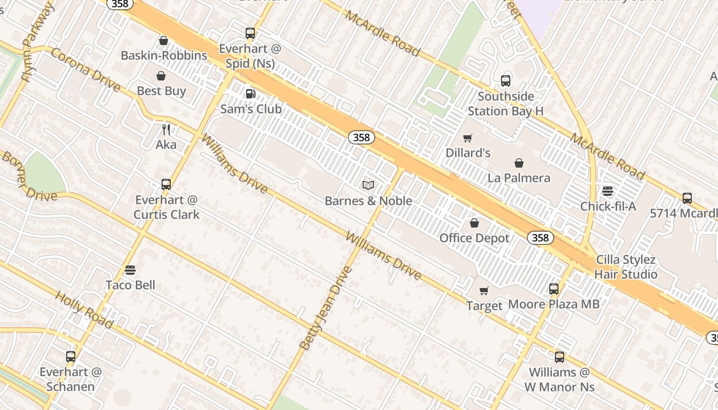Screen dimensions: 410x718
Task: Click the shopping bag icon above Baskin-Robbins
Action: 164,40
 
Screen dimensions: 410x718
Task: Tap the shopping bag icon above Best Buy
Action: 161,76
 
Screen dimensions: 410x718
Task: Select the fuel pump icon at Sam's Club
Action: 250,94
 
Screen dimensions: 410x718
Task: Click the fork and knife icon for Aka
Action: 166,130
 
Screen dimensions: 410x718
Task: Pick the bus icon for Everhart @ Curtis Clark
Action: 166,184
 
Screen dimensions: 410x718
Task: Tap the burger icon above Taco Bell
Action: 130,270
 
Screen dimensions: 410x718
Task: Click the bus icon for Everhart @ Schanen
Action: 71,357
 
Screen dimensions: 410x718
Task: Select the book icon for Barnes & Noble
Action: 368,185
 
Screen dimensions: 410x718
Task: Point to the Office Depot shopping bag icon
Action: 474,223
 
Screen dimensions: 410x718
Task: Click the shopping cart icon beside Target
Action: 484,291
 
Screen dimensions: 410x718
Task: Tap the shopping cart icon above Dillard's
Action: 468,138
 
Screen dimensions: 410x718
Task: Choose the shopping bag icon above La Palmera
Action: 519,163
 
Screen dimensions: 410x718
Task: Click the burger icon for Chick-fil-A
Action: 608,192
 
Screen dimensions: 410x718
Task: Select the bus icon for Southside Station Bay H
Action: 506,81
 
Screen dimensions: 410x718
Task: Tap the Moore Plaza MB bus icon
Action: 554,289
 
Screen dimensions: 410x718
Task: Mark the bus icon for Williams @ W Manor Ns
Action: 560,357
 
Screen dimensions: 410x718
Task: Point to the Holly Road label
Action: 84,310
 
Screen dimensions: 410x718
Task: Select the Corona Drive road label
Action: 85,70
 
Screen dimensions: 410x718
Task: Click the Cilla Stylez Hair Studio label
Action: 625,267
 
